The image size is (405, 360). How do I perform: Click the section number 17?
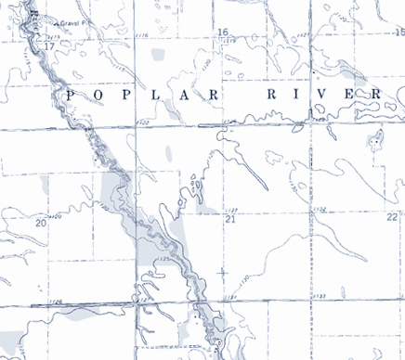pyautogui.click(x=48, y=45)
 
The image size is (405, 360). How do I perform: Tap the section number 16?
pyautogui.click(x=222, y=32)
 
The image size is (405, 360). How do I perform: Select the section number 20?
pyautogui.click(x=40, y=223)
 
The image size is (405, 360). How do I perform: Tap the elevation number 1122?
pyautogui.click(x=142, y=122)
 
